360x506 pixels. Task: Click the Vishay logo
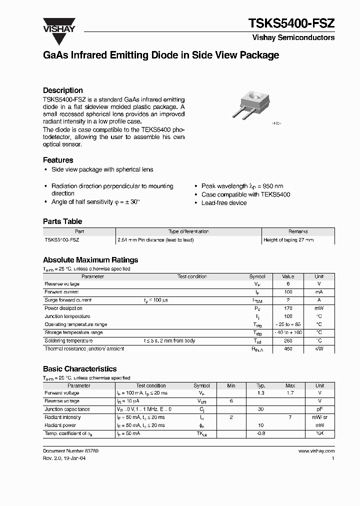point(58,25)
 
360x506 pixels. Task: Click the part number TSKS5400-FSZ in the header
point(291,23)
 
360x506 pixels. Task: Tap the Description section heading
point(62,90)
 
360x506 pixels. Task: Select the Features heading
point(58,160)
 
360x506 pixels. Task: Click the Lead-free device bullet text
point(223,202)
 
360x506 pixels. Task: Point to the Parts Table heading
point(62,221)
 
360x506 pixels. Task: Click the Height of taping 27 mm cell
point(288,240)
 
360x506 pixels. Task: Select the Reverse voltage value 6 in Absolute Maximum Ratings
point(288,284)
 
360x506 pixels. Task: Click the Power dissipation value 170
point(288,308)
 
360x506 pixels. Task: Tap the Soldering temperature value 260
point(288,340)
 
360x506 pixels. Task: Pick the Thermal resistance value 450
point(288,348)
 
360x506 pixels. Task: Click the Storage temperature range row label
point(74,332)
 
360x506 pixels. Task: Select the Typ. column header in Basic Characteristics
point(260,385)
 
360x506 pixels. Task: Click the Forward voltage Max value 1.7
point(290,393)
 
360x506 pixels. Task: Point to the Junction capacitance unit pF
point(319,409)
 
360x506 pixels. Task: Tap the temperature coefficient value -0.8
point(260,433)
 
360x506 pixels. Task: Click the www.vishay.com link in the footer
point(316,451)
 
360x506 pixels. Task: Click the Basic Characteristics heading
point(80,369)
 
